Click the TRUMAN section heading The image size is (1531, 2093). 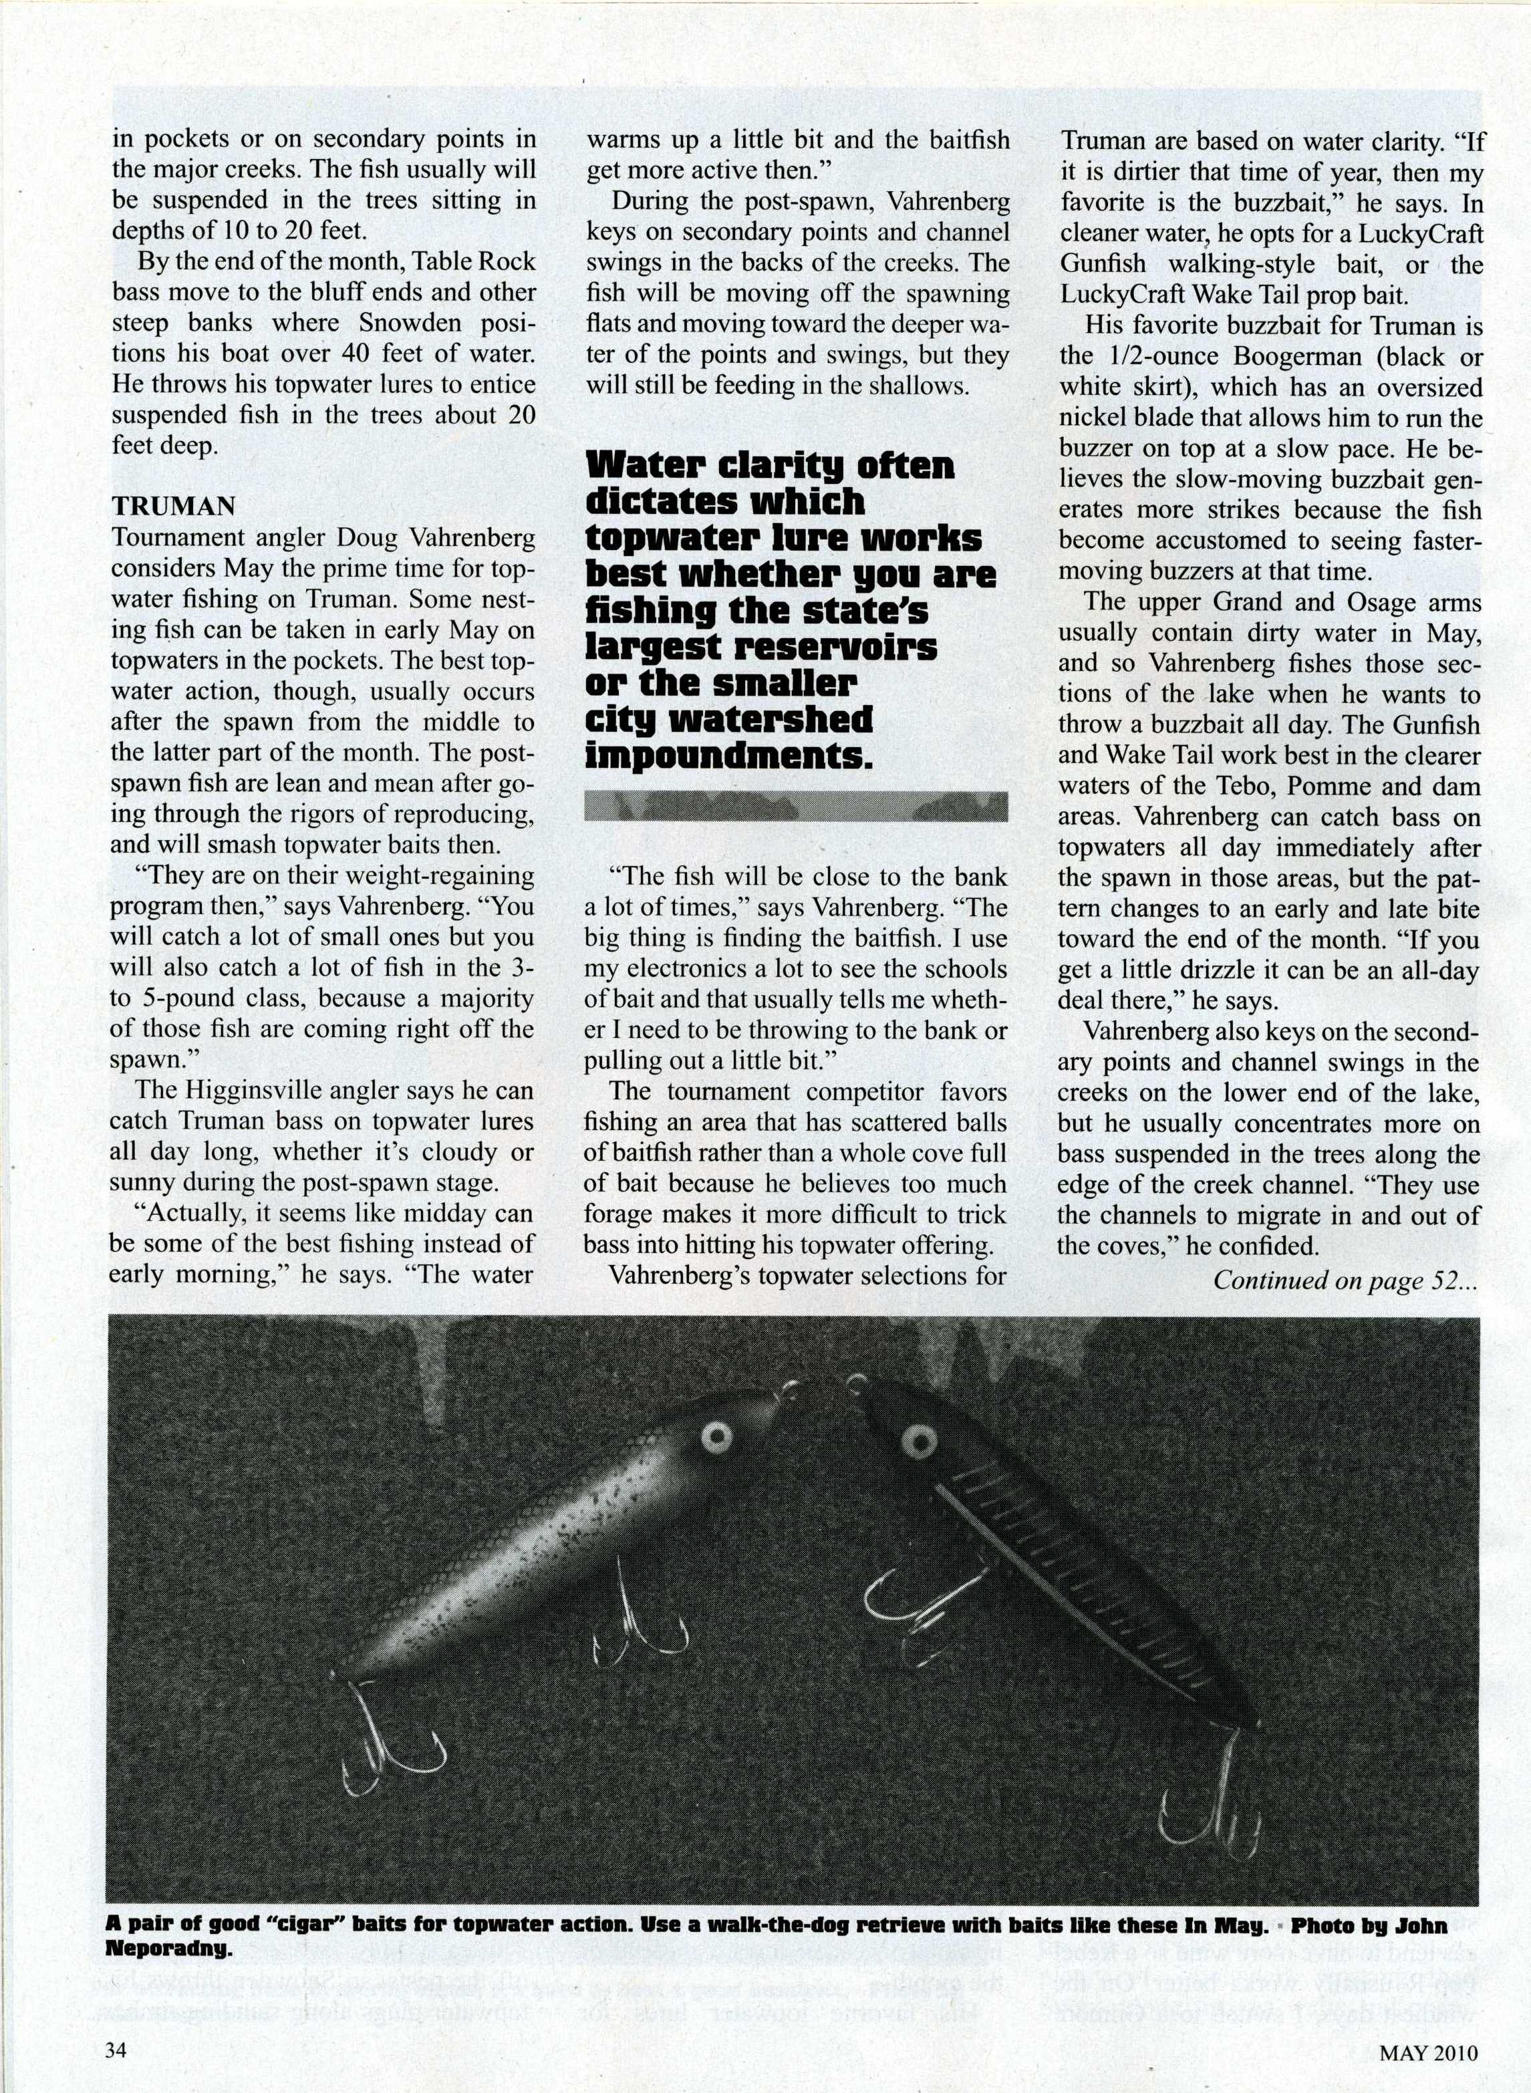click(x=173, y=506)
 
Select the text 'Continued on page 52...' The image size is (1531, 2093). click(x=1346, y=1280)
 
